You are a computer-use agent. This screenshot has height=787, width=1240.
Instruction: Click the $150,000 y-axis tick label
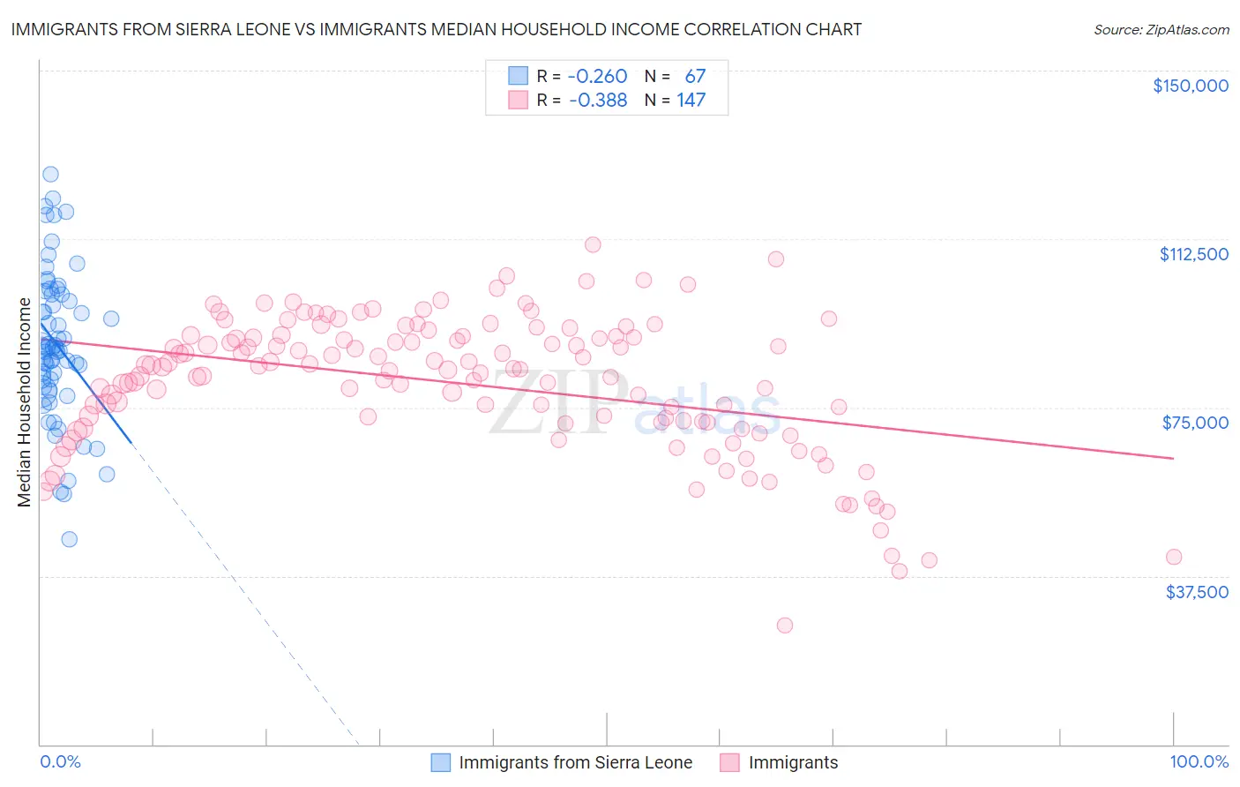(x=1190, y=86)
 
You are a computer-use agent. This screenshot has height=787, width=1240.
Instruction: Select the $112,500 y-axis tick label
(x=1193, y=254)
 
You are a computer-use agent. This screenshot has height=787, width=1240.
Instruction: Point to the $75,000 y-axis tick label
(x=1195, y=423)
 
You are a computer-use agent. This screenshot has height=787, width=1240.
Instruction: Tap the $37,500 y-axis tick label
(x=1197, y=592)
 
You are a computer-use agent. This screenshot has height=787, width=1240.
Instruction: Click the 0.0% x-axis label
(x=60, y=762)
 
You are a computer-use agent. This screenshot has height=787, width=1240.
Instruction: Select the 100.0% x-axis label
(x=1199, y=762)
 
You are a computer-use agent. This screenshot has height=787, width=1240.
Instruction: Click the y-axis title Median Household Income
(x=24, y=402)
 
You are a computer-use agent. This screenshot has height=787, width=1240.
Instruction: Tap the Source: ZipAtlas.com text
(x=1161, y=30)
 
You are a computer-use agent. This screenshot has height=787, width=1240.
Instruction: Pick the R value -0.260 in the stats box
(x=597, y=77)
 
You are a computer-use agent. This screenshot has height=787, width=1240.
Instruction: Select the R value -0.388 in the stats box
(x=597, y=101)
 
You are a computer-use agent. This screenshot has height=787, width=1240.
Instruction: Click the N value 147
(x=691, y=101)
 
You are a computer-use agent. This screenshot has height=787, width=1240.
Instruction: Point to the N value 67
(x=695, y=77)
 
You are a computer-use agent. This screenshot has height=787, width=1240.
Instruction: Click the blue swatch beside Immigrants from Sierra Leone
(x=440, y=762)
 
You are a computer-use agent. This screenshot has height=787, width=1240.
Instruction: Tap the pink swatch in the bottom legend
(x=729, y=762)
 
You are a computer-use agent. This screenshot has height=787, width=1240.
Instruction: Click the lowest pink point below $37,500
(x=784, y=626)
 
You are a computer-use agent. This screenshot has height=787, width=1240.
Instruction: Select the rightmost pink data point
(x=1173, y=557)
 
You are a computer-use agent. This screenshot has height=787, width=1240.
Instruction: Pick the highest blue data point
(x=50, y=175)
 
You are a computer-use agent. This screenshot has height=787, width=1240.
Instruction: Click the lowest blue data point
(x=69, y=539)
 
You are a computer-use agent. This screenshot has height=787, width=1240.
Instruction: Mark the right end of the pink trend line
(x=1173, y=458)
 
